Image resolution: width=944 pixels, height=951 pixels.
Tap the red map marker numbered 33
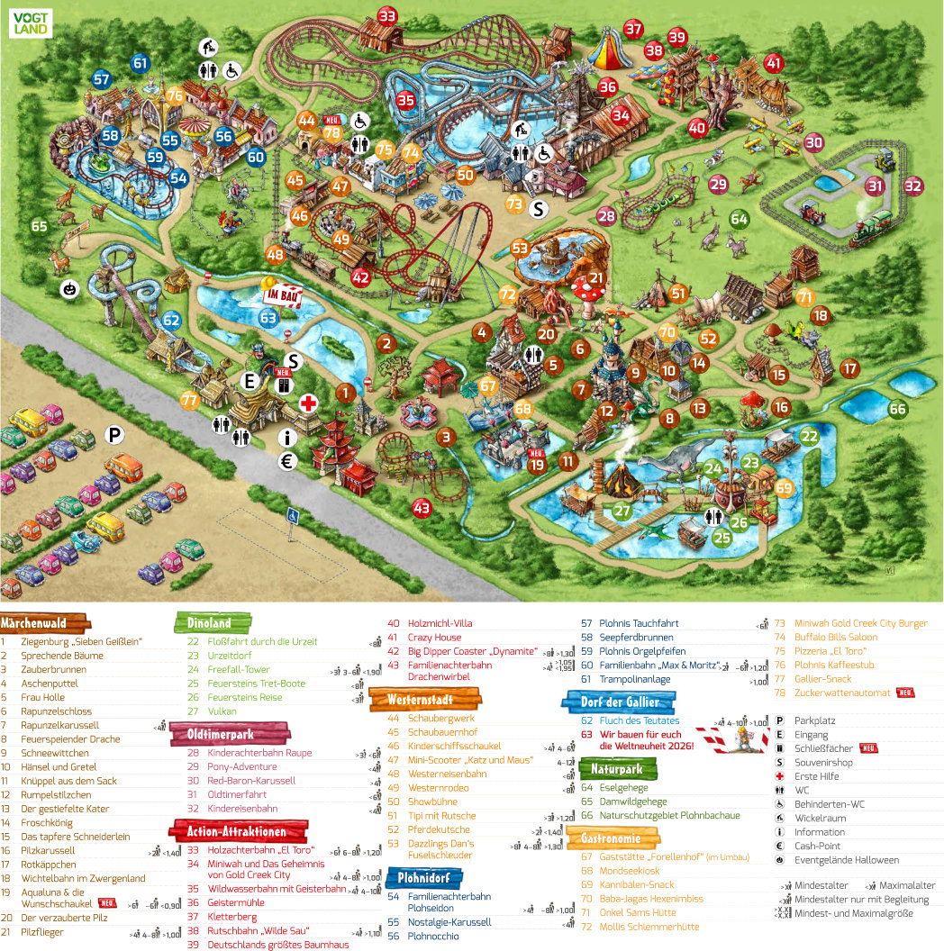(387, 15)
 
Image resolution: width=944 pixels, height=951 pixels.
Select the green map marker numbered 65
(39, 226)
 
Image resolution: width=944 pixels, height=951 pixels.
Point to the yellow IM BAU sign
(281, 294)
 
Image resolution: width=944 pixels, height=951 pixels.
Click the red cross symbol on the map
(308, 403)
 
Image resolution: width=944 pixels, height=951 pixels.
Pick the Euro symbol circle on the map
(288, 462)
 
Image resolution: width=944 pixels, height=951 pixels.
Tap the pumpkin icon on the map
(69, 289)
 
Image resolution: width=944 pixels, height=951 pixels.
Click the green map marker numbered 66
(897, 409)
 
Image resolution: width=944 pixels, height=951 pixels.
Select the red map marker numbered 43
(422, 508)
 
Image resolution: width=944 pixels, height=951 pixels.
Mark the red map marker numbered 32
(913, 186)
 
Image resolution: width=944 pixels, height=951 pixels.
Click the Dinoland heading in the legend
(209, 622)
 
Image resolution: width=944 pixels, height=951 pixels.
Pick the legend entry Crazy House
(434, 638)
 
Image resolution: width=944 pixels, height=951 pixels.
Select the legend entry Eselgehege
(621, 788)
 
